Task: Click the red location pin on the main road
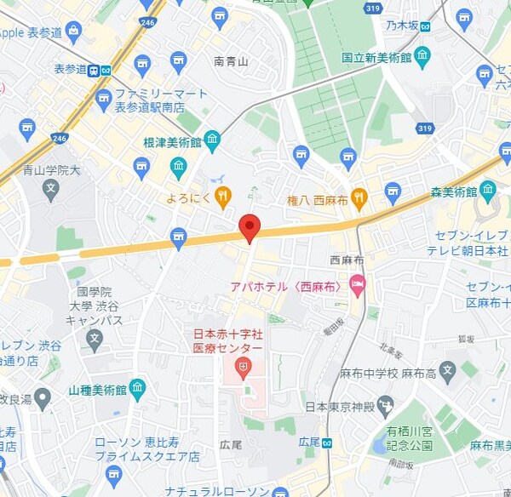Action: click(249, 227)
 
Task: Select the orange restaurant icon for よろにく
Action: click(222, 197)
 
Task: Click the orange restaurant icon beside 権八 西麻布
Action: click(359, 197)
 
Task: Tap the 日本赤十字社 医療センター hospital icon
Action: click(243, 368)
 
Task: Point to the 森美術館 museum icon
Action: click(488, 188)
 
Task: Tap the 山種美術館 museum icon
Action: click(137, 390)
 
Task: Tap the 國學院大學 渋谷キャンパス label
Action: click(94, 306)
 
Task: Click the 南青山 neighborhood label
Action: click(231, 61)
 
